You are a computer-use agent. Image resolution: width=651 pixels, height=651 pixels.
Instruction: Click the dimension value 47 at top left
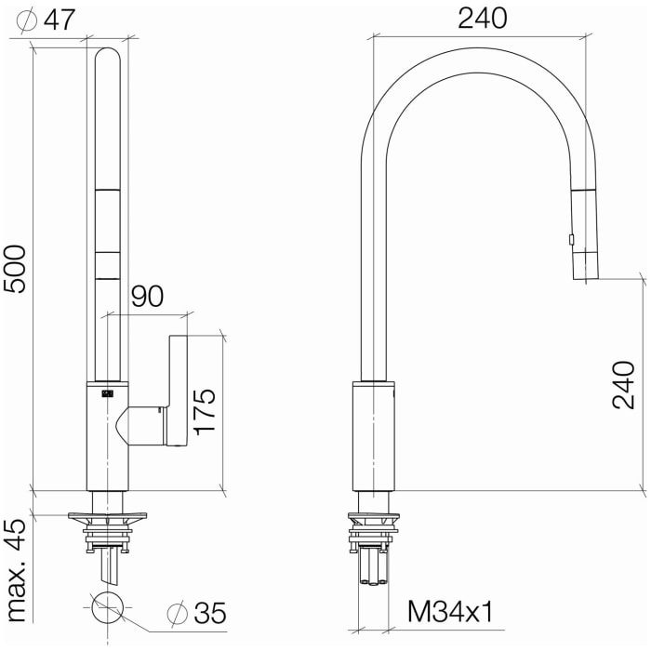pos(58,20)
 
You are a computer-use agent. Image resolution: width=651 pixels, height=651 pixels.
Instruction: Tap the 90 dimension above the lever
pos(147,297)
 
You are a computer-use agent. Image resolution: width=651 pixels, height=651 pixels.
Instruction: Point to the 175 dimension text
pos(206,409)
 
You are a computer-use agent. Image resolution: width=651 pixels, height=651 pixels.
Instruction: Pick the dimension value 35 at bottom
pos(209,614)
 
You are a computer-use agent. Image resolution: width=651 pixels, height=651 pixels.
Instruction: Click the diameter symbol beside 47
pos(26,20)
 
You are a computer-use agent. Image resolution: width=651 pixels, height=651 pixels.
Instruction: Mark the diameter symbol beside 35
pos(177,614)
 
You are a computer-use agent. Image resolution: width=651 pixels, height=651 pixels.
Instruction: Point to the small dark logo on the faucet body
pos(107,393)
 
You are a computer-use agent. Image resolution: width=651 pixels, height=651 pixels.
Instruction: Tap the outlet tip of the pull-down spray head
pos(585,275)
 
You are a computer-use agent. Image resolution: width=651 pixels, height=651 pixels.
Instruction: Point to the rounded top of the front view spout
pos(108,56)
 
